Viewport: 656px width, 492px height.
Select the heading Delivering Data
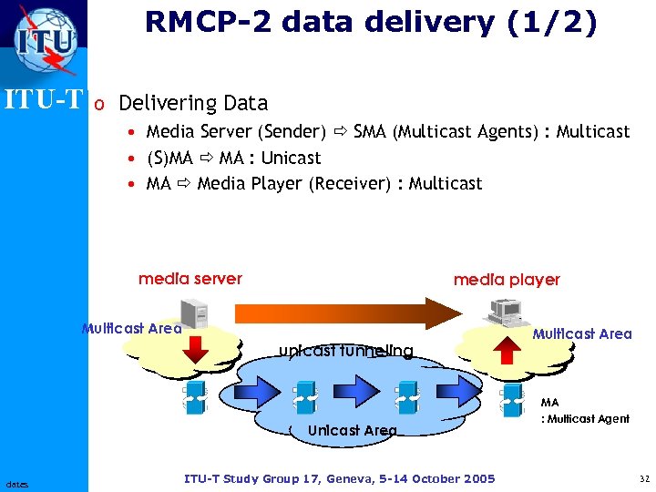click(193, 103)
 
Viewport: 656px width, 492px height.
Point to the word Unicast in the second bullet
click(291, 158)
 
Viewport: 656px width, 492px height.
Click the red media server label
click(190, 279)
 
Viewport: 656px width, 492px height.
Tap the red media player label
click(507, 280)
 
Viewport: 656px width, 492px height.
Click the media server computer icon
click(199, 313)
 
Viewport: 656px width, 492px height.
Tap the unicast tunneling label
click(345, 351)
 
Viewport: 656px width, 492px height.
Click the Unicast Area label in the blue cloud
click(353, 430)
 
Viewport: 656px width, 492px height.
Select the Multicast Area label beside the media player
click(582, 333)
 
